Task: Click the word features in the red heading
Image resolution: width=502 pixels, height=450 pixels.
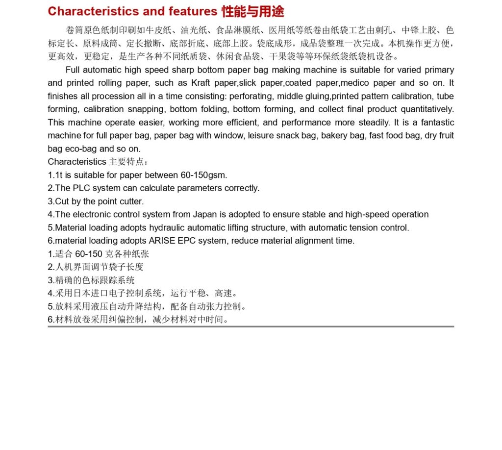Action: (x=193, y=11)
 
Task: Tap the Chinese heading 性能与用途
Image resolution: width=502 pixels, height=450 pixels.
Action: (x=253, y=11)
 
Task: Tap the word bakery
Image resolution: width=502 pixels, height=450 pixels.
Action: (x=336, y=136)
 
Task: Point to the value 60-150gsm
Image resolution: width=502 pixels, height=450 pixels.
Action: (x=205, y=175)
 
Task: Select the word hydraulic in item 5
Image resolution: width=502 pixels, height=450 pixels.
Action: (x=167, y=228)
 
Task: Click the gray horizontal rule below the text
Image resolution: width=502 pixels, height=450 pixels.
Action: (x=251, y=326)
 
